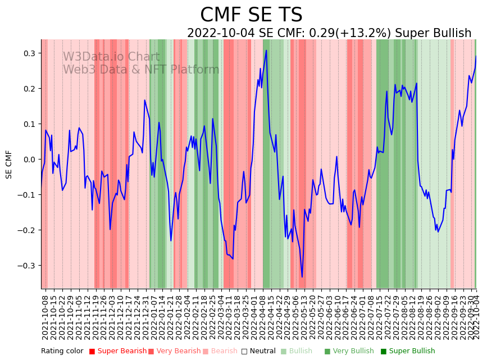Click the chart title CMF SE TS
click(251, 15)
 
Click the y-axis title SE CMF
click(9, 164)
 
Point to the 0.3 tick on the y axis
click(28, 53)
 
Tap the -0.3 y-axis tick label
click(26, 266)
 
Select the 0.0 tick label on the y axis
click(28, 160)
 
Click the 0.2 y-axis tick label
click(28, 89)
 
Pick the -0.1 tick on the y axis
click(26, 195)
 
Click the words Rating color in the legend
click(62, 352)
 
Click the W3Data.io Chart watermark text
click(111, 57)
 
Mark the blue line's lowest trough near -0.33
click(302, 277)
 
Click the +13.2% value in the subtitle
click(356, 33)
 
